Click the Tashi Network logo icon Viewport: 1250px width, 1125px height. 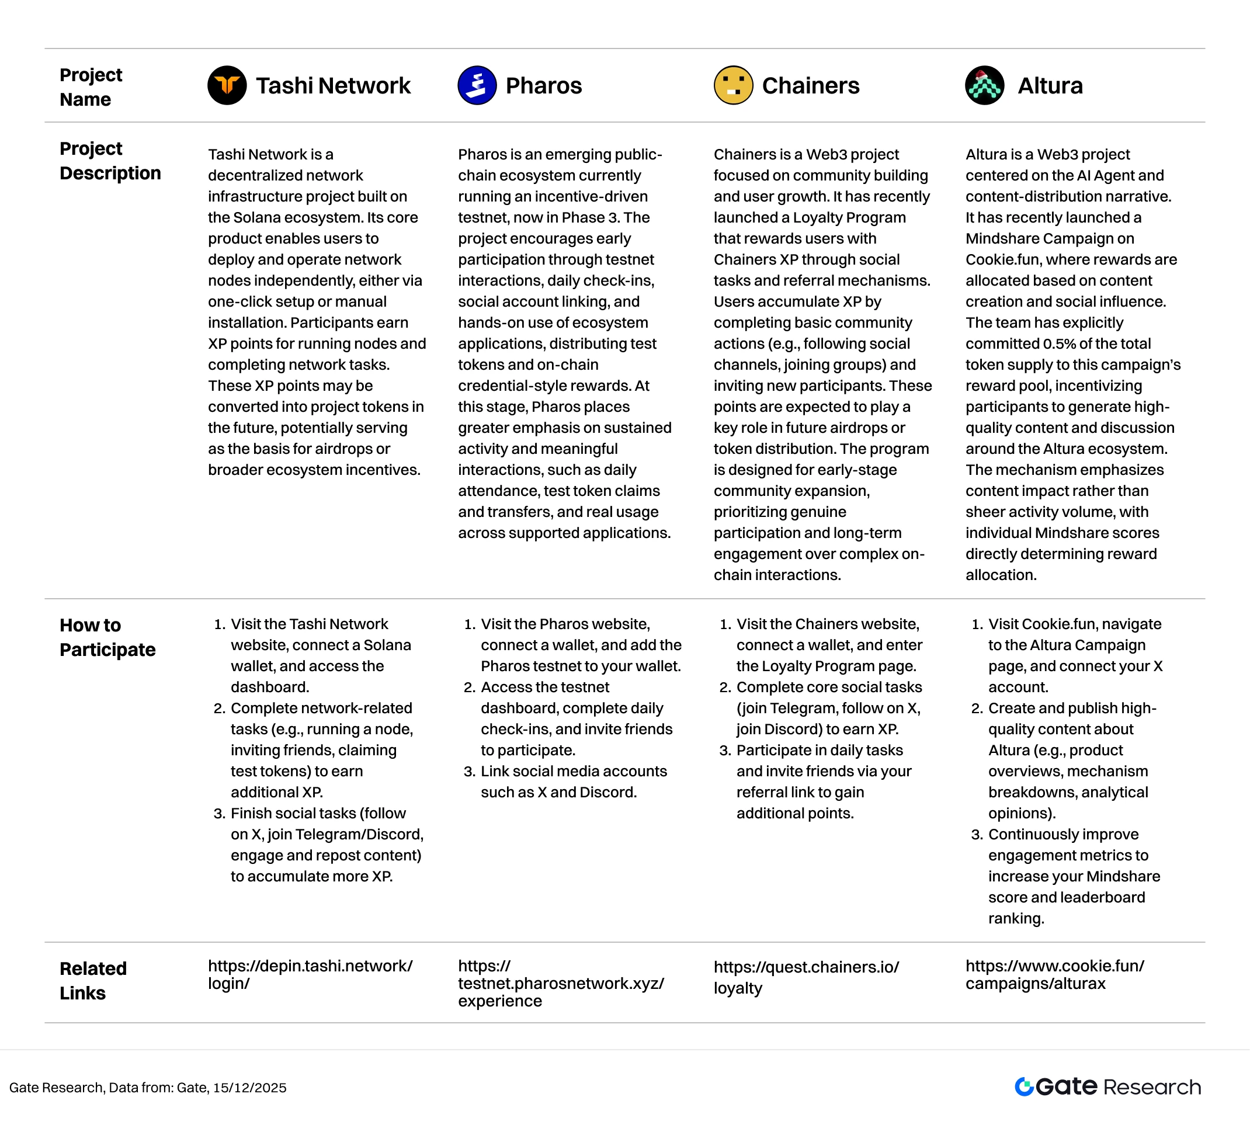coord(227,85)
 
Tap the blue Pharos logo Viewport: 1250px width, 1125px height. coord(477,85)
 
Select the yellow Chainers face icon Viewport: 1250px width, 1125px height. coord(733,85)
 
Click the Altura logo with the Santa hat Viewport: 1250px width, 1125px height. coord(984,85)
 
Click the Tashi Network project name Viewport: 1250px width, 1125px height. coord(332,85)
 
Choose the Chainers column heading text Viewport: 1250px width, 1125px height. coord(811,85)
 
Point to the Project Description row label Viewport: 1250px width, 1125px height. coord(110,161)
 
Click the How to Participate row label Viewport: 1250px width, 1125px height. coord(107,637)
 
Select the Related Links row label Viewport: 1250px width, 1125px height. coord(93,980)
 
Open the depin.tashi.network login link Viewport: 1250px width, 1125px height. coord(310,974)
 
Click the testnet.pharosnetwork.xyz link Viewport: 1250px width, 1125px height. coord(561,984)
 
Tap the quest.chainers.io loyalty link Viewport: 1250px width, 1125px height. coord(806,977)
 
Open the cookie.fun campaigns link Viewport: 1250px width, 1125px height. coord(1055,974)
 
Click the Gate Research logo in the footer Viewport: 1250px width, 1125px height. coord(1107,1086)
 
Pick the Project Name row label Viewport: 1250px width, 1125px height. coord(91,87)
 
